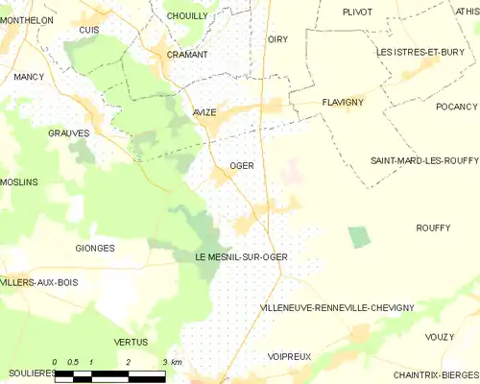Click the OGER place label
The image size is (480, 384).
[241, 165]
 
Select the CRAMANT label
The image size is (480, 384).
[186, 55]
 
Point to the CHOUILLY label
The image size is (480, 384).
[186, 16]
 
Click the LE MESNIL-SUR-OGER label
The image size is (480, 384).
[241, 257]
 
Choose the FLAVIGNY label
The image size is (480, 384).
[340, 99]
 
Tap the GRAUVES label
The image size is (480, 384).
[68, 133]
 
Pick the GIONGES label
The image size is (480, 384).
[94, 248]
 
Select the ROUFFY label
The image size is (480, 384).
[433, 228]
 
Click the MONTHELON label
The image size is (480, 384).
[27, 19]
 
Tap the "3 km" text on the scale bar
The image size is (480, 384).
[172, 361]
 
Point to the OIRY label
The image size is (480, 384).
[277, 39]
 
